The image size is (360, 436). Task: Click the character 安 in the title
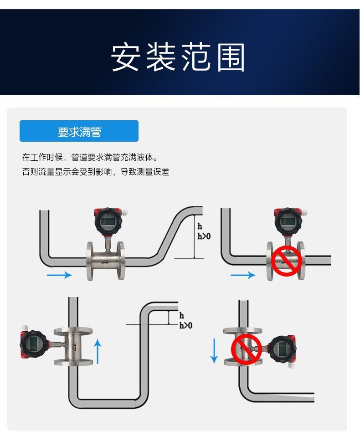[x=125, y=58]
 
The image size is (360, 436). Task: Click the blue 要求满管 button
[x=79, y=131]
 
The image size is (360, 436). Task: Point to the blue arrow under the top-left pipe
[x=59, y=275]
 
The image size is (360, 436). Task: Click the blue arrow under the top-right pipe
[x=243, y=275]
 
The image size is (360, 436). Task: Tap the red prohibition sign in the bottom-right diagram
[x=246, y=349]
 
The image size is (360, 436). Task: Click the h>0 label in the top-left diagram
[x=204, y=236]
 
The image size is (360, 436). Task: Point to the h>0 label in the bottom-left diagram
[x=185, y=325]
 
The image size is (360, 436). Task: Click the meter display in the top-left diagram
[x=108, y=221]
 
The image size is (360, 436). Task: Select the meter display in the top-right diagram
[x=288, y=221]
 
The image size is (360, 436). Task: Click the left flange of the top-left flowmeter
[x=90, y=261]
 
